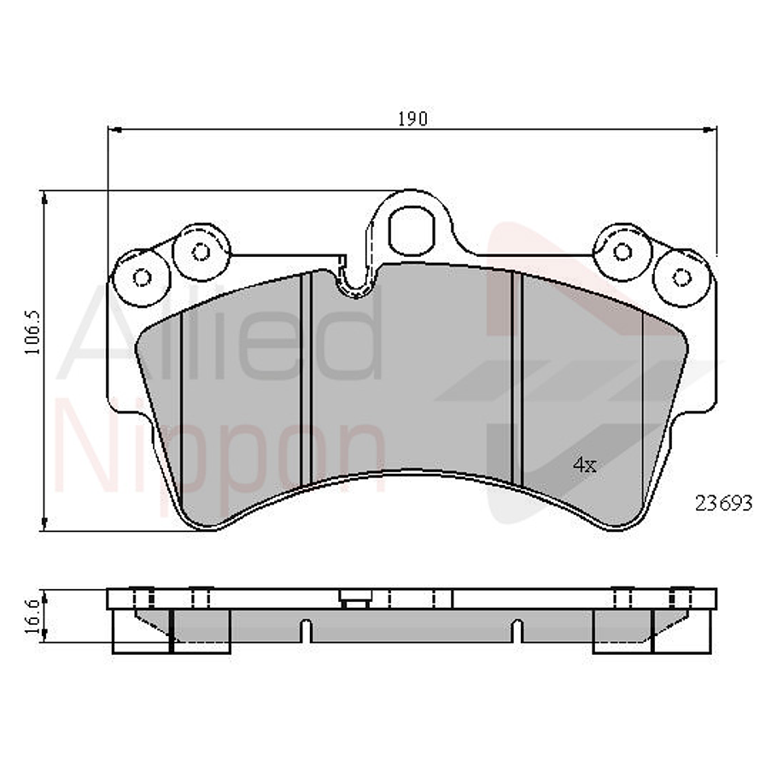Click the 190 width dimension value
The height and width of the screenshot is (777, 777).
tap(412, 119)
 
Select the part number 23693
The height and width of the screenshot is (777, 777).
tap(723, 504)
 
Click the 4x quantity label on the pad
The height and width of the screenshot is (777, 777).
tap(584, 464)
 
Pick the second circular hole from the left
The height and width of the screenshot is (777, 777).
tap(200, 251)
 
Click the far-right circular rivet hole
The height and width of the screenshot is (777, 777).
tap(681, 277)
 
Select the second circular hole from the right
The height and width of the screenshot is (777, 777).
tap(622, 251)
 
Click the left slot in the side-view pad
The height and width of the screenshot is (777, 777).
tap(305, 631)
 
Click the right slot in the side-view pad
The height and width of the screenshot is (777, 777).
tap(517, 631)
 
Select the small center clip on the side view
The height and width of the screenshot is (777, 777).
tap(353, 599)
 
